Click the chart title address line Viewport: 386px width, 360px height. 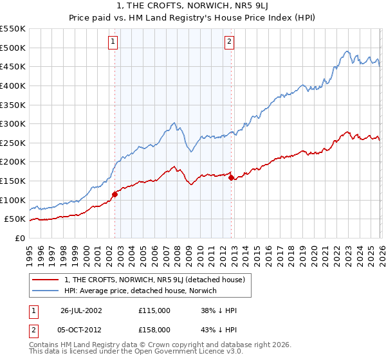point(193,6)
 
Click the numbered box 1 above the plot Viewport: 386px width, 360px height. point(113,42)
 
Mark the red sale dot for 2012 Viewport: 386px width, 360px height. point(231,178)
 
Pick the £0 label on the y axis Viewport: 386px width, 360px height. point(19,239)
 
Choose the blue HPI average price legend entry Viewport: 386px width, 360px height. point(141,291)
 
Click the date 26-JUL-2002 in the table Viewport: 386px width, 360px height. point(81,310)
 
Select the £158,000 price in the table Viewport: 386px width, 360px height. point(154,329)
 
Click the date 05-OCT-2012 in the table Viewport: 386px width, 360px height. point(81,329)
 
